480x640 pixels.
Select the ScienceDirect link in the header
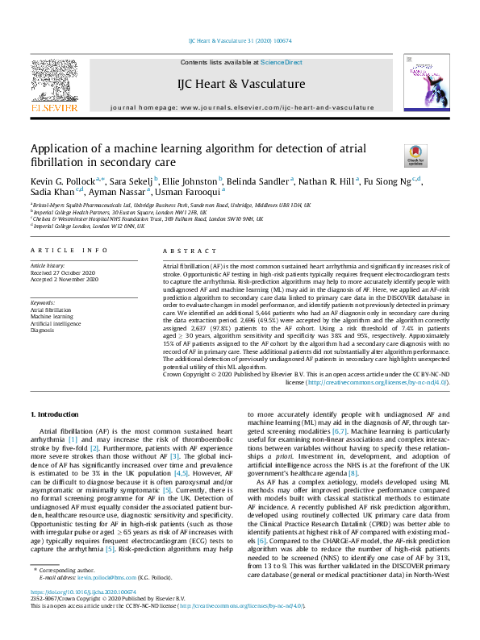[x=282, y=62]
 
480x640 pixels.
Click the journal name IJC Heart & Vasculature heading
[x=240, y=84]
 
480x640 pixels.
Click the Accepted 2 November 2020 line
[x=64, y=279]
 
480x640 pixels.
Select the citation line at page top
[x=240, y=40]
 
